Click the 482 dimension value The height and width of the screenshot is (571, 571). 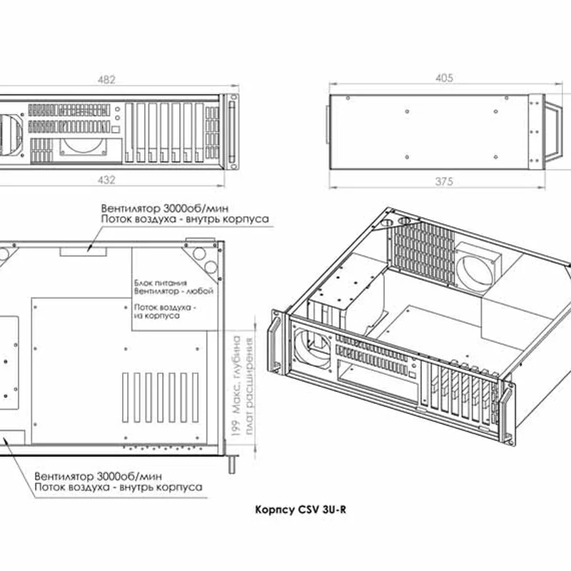(x=106, y=80)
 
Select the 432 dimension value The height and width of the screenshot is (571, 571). (x=106, y=180)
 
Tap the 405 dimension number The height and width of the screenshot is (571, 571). (x=444, y=78)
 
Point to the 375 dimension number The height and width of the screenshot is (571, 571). (x=444, y=181)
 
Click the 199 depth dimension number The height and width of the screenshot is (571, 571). (x=236, y=428)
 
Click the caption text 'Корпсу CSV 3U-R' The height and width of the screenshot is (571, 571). (x=300, y=510)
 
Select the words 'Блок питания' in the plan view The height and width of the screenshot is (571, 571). (x=161, y=283)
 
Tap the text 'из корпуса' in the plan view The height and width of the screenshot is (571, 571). (x=156, y=315)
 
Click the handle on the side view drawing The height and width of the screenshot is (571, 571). (x=552, y=132)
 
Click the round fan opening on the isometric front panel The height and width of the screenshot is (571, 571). (x=313, y=348)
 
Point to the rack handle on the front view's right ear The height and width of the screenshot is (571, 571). (x=232, y=132)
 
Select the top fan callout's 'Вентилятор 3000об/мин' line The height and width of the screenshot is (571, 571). (x=165, y=208)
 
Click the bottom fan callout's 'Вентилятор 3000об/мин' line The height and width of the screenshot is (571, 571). (x=98, y=476)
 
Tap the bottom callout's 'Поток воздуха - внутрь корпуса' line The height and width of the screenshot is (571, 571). (x=118, y=487)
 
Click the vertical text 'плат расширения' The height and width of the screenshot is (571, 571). (x=249, y=386)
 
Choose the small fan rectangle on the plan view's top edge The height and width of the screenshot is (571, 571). (x=83, y=252)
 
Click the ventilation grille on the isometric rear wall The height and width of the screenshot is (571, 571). (x=423, y=251)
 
